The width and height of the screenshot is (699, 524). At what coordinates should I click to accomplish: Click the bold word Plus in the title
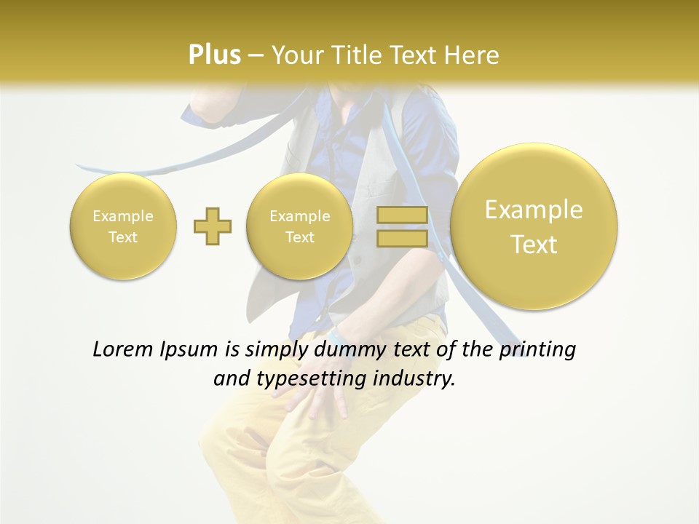(x=214, y=55)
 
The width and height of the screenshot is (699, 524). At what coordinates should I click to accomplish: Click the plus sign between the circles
(x=213, y=226)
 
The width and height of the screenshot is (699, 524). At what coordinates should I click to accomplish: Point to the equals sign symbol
(x=402, y=226)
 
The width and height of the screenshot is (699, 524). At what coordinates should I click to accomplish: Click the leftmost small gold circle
(x=122, y=226)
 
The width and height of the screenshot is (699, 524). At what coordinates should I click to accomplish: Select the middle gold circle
(x=299, y=226)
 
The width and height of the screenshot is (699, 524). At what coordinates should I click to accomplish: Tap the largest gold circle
(x=534, y=226)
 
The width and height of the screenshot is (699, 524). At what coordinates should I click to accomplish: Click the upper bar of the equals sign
(x=402, y=215)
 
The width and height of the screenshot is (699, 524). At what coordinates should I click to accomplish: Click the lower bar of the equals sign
(x=402, y=238)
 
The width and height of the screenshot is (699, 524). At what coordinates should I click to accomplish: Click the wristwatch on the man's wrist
(x=337, y=337)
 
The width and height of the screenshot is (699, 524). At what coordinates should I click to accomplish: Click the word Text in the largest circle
(x=534, y=245)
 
